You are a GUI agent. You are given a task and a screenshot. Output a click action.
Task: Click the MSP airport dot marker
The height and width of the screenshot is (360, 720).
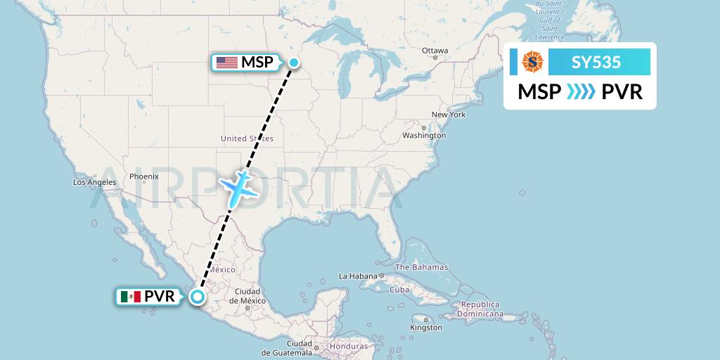click(294, 63)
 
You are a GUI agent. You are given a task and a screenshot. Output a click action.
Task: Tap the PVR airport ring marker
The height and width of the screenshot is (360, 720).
click(198, 297)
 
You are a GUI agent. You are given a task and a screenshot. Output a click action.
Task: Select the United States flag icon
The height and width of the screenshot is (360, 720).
click(226, 63)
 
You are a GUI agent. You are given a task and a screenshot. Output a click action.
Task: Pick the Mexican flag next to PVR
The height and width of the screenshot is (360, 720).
click(130, 297)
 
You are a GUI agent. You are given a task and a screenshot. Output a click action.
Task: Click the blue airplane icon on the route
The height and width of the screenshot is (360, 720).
click(240, 188)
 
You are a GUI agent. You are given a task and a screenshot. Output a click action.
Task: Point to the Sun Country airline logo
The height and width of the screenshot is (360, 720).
click(532, 62)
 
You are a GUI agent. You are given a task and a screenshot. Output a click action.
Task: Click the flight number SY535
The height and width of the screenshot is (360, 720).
click(596, 63)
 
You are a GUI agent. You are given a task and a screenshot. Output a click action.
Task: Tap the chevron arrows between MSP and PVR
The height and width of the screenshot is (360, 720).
click(581, 92)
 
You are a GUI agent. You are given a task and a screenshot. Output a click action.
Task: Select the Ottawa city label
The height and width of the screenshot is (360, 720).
click(435, 51)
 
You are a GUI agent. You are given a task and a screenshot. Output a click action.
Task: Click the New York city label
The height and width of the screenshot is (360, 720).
click(449, 115)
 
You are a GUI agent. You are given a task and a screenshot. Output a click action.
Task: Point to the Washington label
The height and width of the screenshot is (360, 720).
click(425, 135)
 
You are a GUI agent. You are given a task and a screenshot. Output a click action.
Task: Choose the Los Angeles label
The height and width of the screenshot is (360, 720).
click(95, 182)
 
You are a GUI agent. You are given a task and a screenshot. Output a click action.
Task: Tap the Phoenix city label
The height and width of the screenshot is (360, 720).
click(143, 176)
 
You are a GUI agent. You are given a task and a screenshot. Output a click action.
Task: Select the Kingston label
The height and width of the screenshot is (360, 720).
click(427, 328)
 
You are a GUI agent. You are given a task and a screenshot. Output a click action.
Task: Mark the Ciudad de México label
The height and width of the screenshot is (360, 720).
click(247, 296)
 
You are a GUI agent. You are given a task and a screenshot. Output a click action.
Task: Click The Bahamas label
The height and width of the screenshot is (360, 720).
click(421, 267)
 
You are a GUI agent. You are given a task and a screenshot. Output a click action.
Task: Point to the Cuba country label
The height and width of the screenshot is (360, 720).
click(399, 290)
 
